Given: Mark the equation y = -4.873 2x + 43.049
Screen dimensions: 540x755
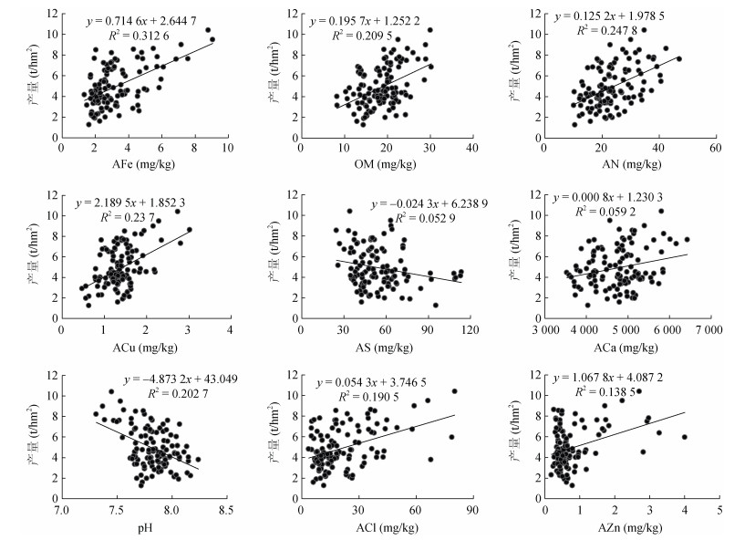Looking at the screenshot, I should pyautogui.click(x=174, y=379).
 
